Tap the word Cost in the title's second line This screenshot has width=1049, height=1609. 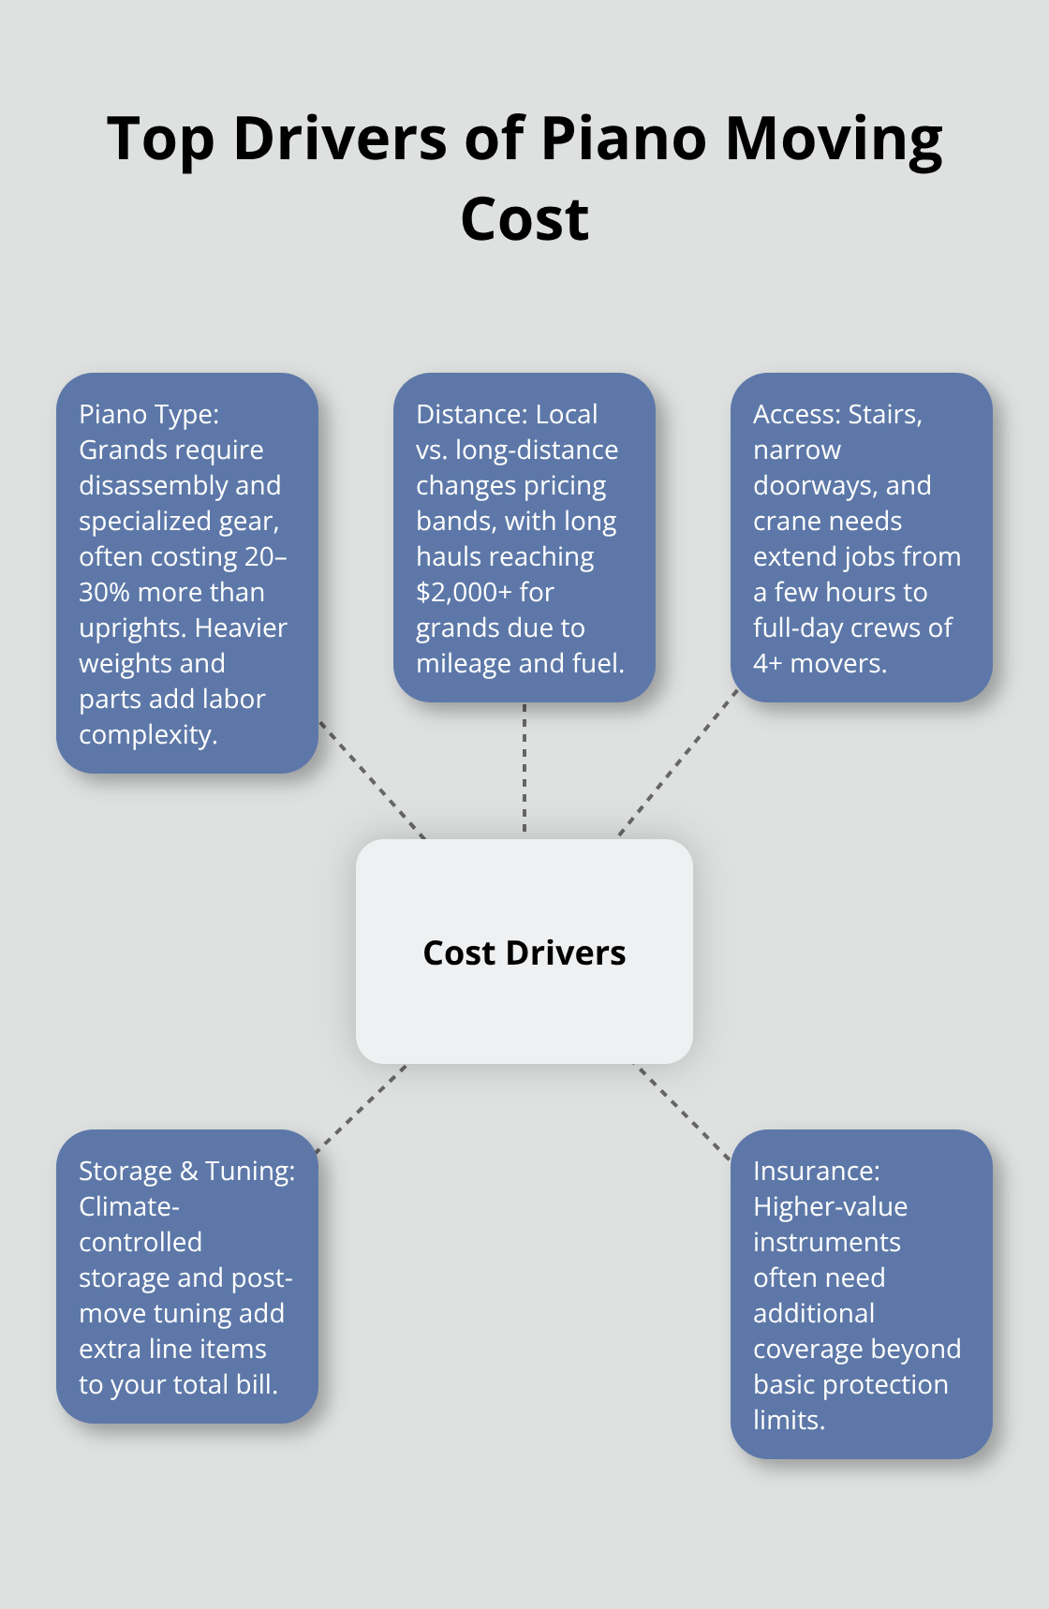[524, 221]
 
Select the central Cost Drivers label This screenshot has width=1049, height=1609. [524, 952]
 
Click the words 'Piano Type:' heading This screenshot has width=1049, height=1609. [149, 414]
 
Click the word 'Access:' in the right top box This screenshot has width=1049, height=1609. [797, 414]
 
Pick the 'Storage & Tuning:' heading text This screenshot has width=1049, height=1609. [186, 1171]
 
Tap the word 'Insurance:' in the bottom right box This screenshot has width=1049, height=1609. [816, 1171]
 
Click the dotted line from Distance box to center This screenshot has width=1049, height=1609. [524, 768]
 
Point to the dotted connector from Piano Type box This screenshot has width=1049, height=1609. [372, 779]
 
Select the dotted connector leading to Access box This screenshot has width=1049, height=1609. [678, 763]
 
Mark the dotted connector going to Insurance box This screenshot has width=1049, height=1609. [683, 1112]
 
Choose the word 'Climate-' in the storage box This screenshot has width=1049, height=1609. [128, 1206]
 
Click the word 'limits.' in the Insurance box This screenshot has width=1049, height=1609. [789, 1420]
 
